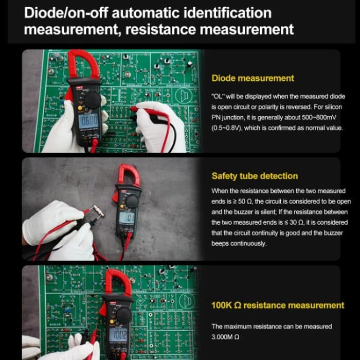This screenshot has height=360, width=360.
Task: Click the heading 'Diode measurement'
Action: [x=253, y=78]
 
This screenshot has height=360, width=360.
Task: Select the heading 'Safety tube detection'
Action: [x=255, y=176]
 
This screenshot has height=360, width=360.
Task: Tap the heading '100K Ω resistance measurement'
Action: [x=278, y=305]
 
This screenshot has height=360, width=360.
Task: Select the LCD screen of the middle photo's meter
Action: [x=127, y=218]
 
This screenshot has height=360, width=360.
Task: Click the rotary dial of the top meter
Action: [x=92, y=100]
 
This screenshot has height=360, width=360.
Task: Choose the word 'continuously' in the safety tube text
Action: [x=248, y=243]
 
